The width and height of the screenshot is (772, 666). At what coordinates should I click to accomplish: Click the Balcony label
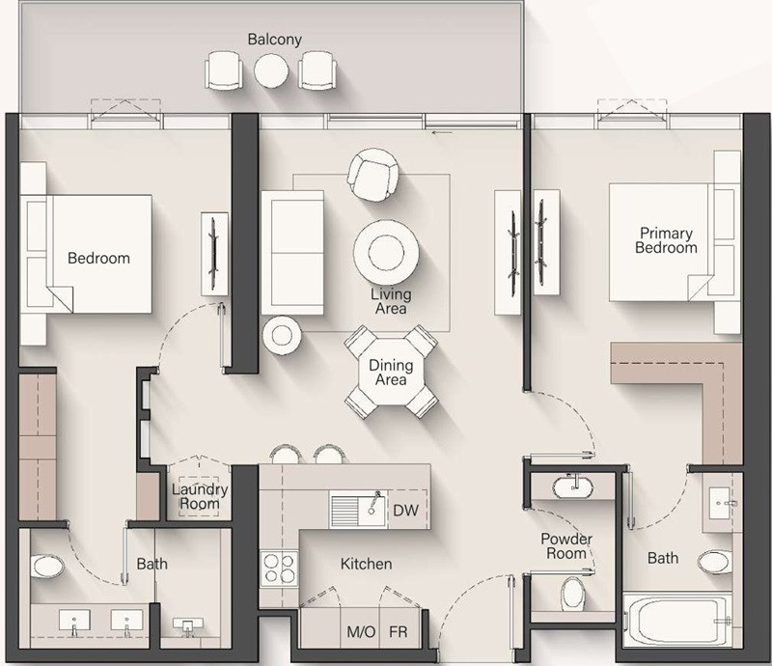pyautogui.click(x=274, y=40)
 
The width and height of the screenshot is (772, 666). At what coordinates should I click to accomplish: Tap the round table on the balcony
pyautogui.click(x=271, y=70)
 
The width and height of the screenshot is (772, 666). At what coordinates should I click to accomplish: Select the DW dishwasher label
pyautogui.click(x=405, y=511)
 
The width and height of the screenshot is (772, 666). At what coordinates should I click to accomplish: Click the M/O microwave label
pyautogui.click(x=361, y=631)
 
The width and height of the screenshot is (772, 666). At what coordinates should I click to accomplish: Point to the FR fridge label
pyautogui.click(x=399, y=631)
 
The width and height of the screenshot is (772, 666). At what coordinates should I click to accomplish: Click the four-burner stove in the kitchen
pyautogui.click(x=279, y=568)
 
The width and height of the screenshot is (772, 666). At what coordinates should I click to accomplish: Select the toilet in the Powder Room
pyautogui.click(x=572, y=593)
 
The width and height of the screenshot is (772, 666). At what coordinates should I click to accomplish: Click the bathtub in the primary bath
pyautogui.click(x=677, y=621)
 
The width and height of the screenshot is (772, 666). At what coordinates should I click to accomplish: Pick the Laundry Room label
pyautogui.click(x=200, y=496)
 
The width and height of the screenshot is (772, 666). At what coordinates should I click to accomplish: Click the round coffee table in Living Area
pyautogui.click(x=387, y=252)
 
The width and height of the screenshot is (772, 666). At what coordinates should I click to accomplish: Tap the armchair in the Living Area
pyautogui.click(x=372, y=175)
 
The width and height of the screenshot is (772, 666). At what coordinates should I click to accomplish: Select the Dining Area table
pyautogui.click(x=391, y=372)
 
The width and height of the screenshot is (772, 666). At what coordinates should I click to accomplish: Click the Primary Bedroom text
pyautogui.click(x=666, y=240)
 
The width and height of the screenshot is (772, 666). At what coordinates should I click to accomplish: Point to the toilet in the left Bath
pyautogui.click(x=47, y=567)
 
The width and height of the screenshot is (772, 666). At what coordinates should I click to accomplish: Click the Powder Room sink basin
pyautogui.click(x=572, y=487)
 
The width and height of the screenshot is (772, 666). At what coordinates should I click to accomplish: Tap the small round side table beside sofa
pyautogui.click(x=282, y=336)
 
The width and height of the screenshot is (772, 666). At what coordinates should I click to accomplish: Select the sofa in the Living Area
pyautogui.click(x=292, y=253)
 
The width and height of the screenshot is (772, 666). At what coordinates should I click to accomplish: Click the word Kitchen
pyautogui.click(x=367, y=564)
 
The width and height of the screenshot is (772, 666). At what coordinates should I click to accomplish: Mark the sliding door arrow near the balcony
pyautogui.click(x=442, y=132)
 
